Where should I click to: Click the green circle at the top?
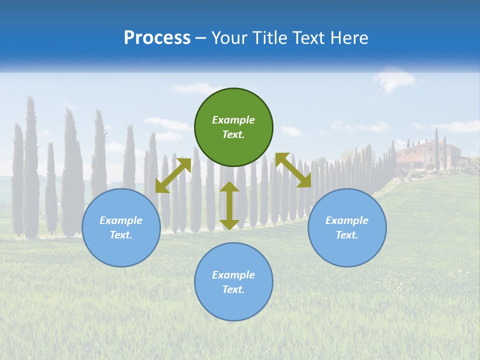click(233, 127)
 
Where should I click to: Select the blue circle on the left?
click(121, 228)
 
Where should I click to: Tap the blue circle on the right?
click(347, 228)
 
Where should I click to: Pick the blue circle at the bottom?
click(233, 282)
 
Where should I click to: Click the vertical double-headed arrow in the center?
click(229, 205)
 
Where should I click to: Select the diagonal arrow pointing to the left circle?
click(173, 175)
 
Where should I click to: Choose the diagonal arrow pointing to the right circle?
click(293, 170)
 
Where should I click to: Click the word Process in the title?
click(157, 38)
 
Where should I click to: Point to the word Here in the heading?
click(350, 38)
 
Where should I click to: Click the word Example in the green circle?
click(233, 120)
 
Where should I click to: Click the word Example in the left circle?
click(121, 220)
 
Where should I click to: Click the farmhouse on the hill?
click(428, 153)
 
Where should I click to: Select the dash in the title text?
click(201, 38)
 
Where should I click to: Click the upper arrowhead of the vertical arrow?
click(229, 187)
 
